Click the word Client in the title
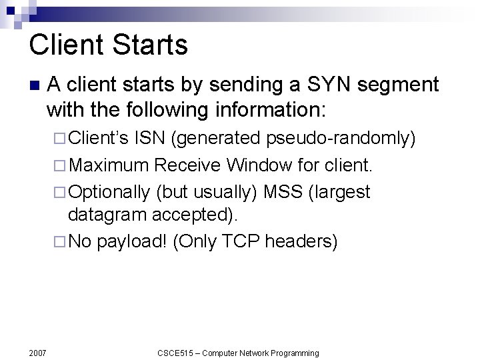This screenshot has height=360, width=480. click(65, 45)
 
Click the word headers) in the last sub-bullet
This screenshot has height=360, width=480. click(301, 241)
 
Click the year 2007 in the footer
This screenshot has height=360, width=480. click(38, 353)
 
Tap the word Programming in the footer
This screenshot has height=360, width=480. click(293, 353)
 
